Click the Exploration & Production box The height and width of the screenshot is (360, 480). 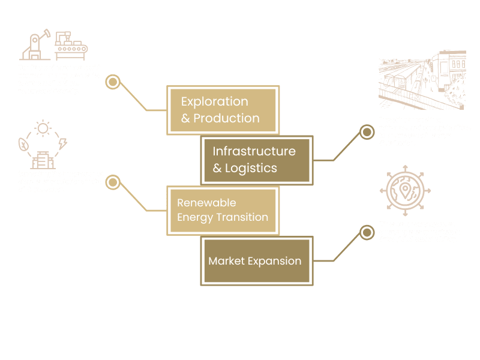(222, 110)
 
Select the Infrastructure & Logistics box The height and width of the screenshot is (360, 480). (256, 160)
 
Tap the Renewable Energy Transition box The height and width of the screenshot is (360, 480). (223, 210)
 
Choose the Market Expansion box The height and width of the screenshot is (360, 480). (257, 261)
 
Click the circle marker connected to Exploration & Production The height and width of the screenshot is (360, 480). (113, 82)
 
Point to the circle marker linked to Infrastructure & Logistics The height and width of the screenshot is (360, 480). (366, 132)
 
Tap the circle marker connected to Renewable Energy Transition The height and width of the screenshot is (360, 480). (113, 182)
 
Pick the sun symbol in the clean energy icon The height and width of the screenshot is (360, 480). (43, 128)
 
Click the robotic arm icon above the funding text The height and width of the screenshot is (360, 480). (36, 46)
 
